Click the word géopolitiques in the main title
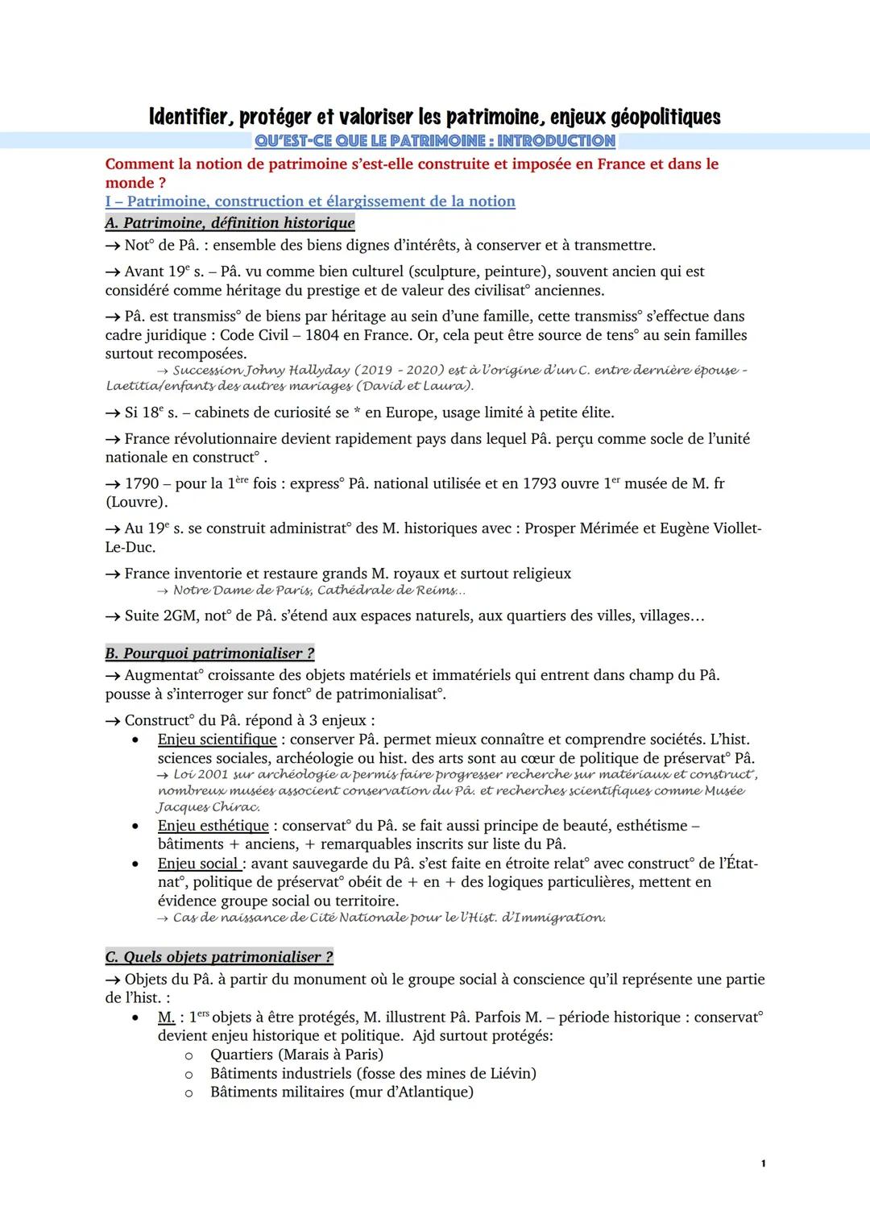coord(665,118)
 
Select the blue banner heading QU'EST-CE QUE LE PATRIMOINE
coord(434,141)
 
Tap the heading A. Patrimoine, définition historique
coord(230,222)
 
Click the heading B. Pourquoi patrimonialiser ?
coord(209,653)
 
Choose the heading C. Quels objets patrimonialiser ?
coord(219,957)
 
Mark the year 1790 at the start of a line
coord(142,483)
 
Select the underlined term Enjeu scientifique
coord(217,740)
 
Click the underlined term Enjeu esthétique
coord(213,826)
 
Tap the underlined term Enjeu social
coord(198,864)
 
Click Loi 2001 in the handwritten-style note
coord(201,774)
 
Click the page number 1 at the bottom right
coord(763,1163)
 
